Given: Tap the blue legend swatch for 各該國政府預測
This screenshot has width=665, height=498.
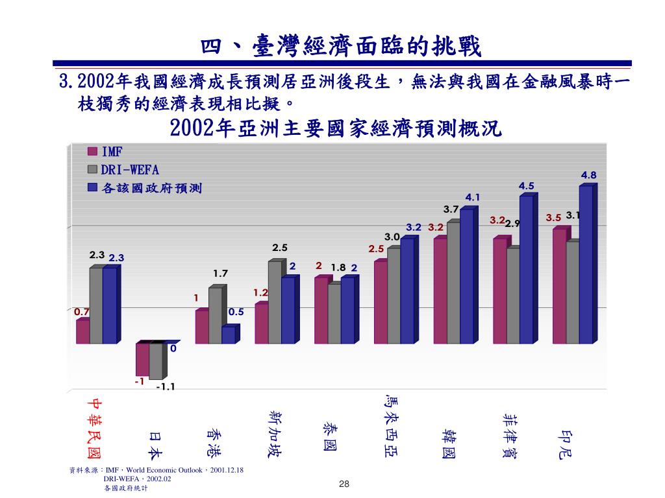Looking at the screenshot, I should pos(92,188).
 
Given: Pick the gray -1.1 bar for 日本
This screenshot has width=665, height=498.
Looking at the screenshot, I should pos(156,361).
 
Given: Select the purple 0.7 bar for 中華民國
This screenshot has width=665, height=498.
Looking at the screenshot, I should pos(82,331).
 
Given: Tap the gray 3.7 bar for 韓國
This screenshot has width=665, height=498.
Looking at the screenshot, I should pos(453,283).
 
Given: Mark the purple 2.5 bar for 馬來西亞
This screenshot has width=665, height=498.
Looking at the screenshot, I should pos(381,302).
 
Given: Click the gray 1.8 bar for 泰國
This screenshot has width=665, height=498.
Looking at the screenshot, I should pos(334,313).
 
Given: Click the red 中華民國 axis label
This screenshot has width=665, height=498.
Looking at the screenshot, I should pos(95,427).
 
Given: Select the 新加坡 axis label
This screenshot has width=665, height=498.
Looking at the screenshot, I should pos(275,432).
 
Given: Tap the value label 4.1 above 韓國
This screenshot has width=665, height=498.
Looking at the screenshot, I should pos(472,197).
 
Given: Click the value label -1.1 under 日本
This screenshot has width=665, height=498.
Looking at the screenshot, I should pos(166,387).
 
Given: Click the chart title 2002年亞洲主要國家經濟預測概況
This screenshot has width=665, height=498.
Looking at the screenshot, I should pos(336,128).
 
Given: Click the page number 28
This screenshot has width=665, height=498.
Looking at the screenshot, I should pos(344,484).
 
